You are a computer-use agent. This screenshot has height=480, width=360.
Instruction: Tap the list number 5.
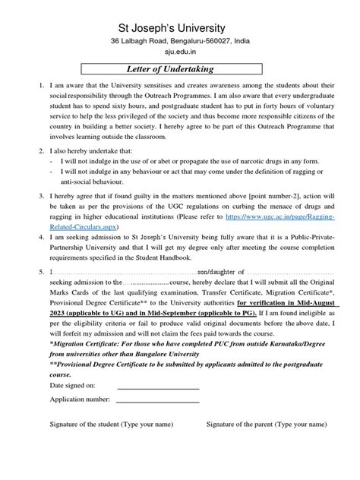(x=21, y=271)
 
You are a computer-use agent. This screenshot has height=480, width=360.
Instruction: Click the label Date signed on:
(x=72, y=387)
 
